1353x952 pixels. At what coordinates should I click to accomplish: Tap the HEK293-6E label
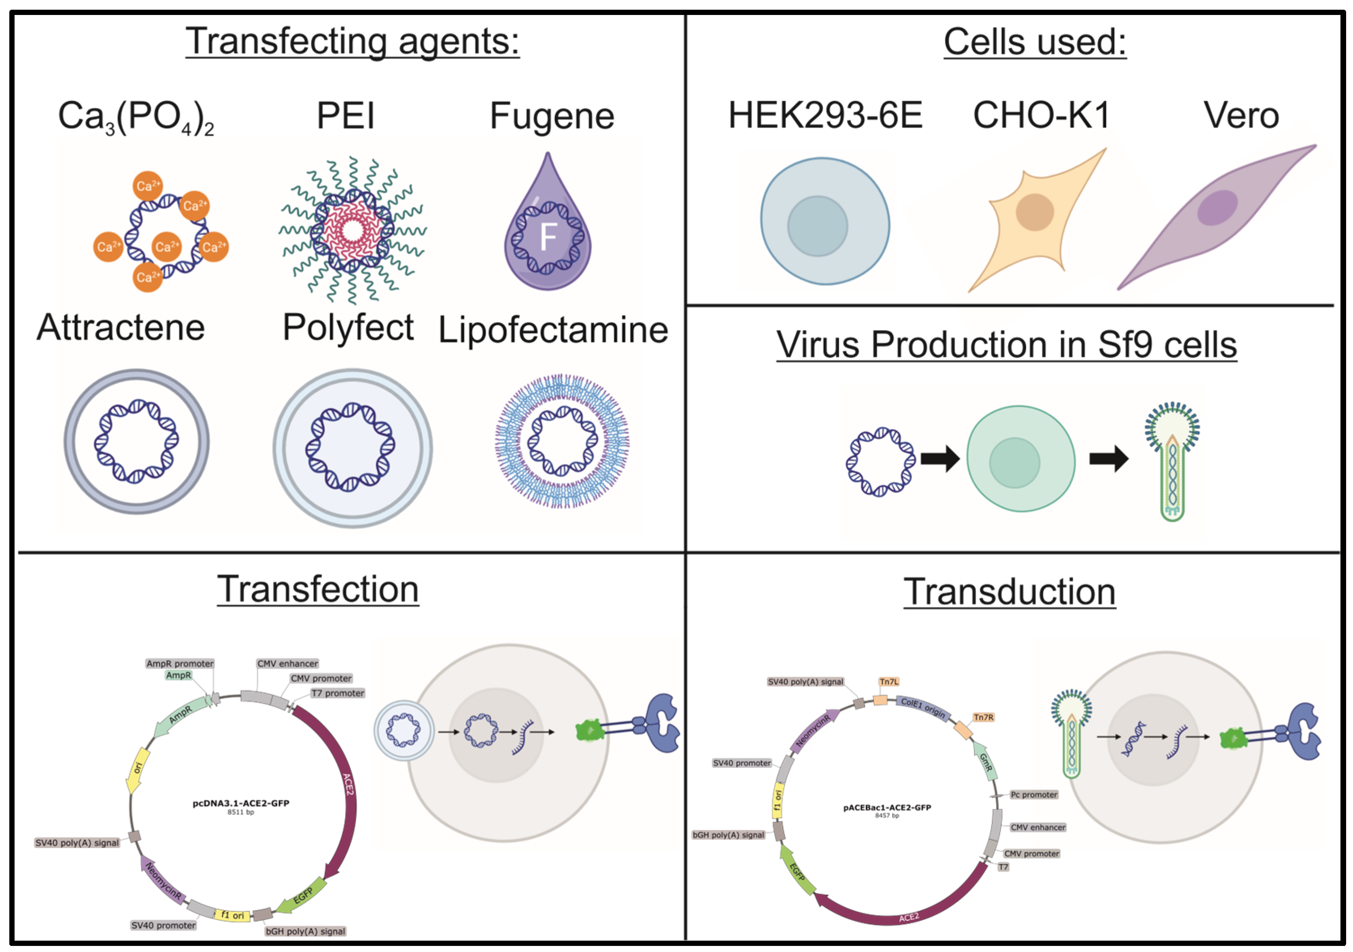[x=825, y=115]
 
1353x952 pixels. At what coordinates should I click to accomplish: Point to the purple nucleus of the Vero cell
[x=1217, y=208]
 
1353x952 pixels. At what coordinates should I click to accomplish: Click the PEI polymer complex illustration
[x=353, y=230]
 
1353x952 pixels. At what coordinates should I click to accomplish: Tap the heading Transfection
[x=318, y=589]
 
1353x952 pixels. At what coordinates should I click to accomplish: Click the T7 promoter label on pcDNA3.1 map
[x=338, y=693]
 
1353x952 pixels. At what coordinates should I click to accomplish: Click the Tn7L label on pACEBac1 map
[x=889, y=682]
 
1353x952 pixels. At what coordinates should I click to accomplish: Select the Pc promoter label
[x=1034, y=795]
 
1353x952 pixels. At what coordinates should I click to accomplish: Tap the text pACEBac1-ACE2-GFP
[x=887, y=807]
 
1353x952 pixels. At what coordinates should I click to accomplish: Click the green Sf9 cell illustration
[x=1021, y=459]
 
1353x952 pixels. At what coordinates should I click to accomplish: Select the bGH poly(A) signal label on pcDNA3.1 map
[x=305, y=931]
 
